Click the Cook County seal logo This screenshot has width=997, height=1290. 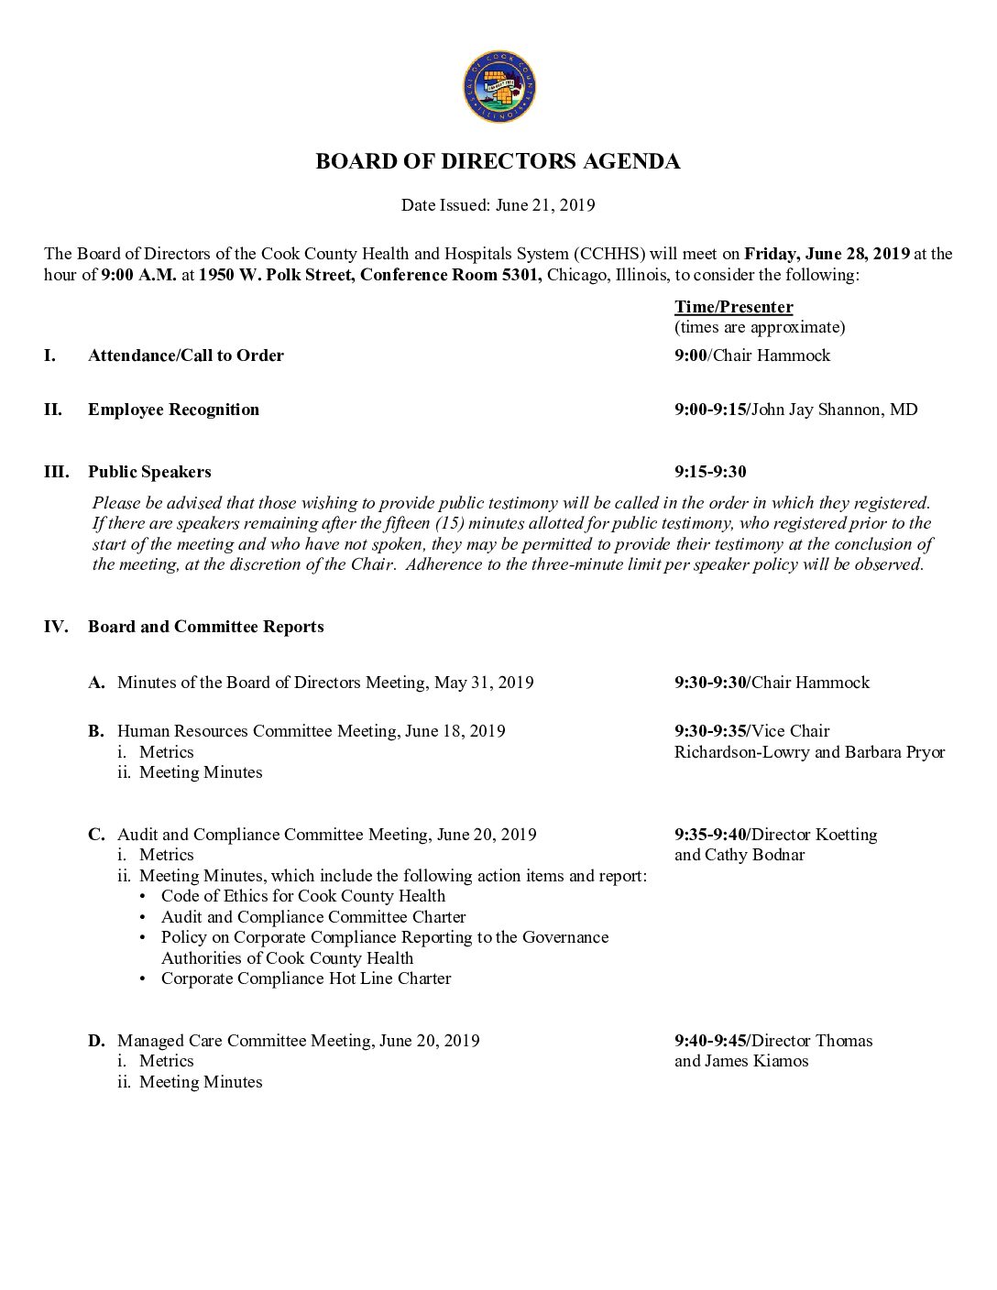point(498,87)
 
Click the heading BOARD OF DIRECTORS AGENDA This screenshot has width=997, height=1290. point(498,162)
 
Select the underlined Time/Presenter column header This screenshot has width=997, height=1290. point(733,307)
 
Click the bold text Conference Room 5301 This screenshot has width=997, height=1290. point(451,275)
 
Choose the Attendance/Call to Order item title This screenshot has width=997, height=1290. point(186,355)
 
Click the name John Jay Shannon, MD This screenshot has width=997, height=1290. point(834,410)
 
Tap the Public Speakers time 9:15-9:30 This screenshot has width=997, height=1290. point(710,472)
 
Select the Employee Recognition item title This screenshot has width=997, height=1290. point(173,410)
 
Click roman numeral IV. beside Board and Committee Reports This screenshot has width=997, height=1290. point(56,627)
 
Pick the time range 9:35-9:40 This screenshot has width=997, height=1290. point(710,835)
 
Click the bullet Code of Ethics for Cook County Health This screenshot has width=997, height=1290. point(303,896)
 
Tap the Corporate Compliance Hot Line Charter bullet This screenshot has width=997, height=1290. point(306,978)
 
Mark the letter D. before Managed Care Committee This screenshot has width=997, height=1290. point(96,1041)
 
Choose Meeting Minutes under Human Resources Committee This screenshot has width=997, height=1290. point(201,772)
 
